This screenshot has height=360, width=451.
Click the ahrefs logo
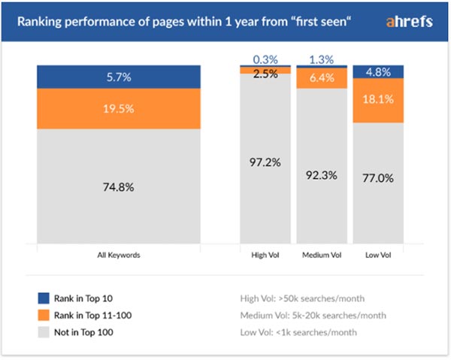[409, 21]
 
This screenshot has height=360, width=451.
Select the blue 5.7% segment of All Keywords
[119, 77]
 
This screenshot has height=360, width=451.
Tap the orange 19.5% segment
[119, 109]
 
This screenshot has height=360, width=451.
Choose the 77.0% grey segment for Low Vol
[378, 181]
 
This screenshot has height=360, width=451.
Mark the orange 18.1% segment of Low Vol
[378, 101]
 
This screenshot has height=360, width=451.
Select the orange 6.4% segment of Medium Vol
[322, 78]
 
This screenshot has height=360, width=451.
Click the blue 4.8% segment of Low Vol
[378, 72]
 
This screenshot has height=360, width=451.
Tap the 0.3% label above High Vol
[265, 59]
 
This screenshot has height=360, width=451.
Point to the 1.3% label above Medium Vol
[322, 59]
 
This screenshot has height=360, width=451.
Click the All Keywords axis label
[119, 255]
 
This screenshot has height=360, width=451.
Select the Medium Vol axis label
[322, 255]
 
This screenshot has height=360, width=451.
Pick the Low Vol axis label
[378, 255]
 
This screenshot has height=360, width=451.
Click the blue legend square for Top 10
[44, 298]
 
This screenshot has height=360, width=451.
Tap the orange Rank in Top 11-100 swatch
[44, 315]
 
